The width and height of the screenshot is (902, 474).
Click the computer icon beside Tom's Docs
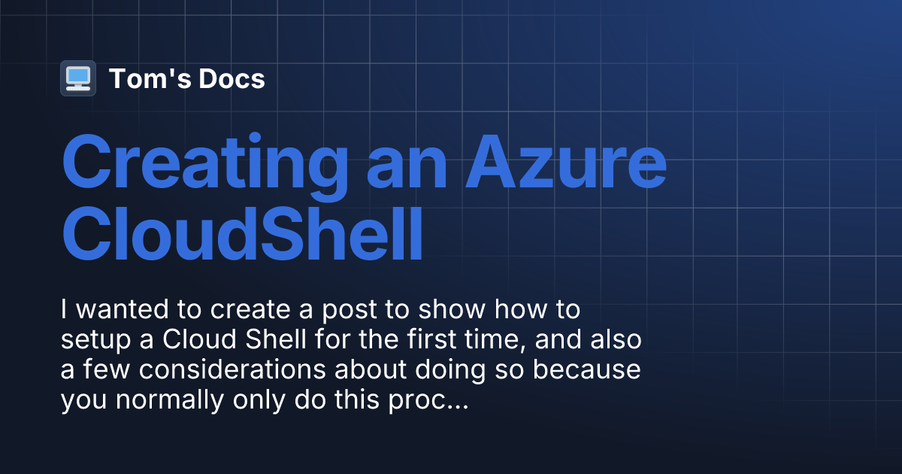pos(78,78)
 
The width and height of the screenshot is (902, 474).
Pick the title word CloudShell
pos(242,235)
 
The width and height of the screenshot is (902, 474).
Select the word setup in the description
pos(95,340)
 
